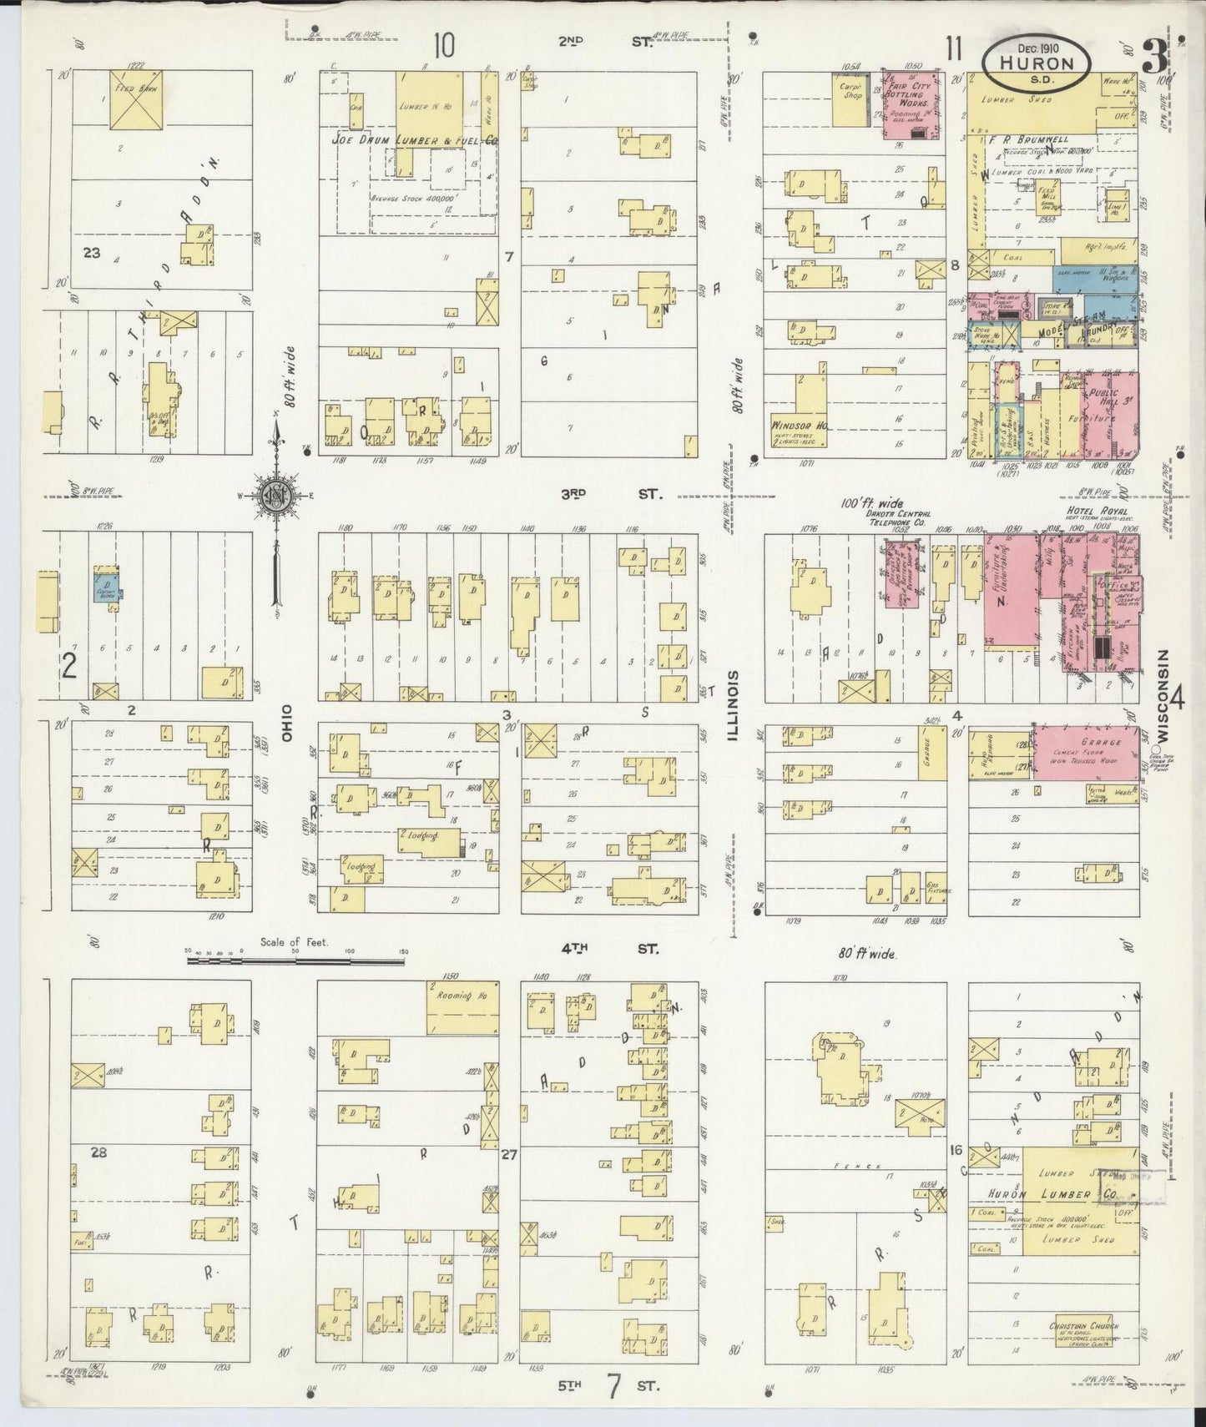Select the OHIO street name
(x=285, y=721)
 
